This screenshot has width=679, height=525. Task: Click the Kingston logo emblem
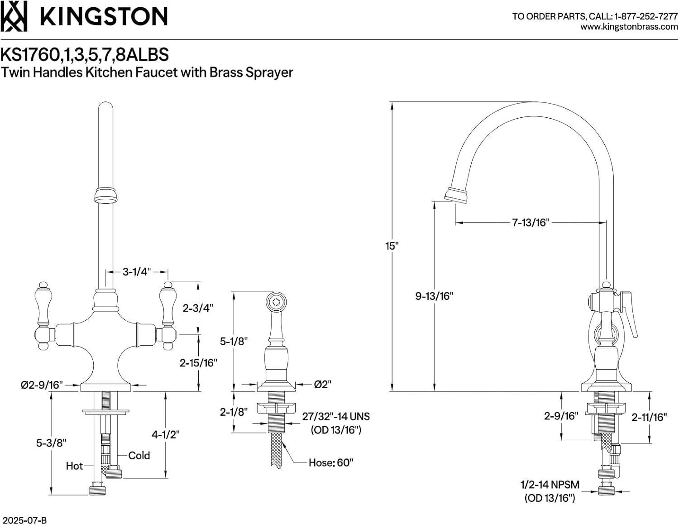tap(14, 16)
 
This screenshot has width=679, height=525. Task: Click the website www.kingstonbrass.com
tap(629, 27)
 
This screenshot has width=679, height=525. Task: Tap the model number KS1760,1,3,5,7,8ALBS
tap(85, 54)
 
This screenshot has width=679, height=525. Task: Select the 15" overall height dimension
tap(392, 246)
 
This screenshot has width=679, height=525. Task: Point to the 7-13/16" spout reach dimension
tap(531, 222)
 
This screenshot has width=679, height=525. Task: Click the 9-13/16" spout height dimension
tap(434, 296)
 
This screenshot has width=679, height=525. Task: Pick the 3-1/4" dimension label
tap(137, 272)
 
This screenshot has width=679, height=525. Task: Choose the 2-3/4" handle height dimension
tap(198, 308)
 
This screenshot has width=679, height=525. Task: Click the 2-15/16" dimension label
tap(198, 363)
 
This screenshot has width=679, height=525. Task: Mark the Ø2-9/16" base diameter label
tap(41, 385)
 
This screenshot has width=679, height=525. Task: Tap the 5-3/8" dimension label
tap(51, 443)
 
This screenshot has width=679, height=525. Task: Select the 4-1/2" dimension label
tap(165, 434)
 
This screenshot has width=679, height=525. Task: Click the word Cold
tap(139, 455)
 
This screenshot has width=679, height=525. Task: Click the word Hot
tap(74, 466)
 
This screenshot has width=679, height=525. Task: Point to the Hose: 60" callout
tap(331, 462)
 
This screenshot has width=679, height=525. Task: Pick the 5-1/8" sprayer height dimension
tap(234, 341)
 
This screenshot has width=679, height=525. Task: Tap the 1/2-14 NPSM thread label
tap(550, 485)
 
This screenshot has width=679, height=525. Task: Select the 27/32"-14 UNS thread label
tap(336, 416)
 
